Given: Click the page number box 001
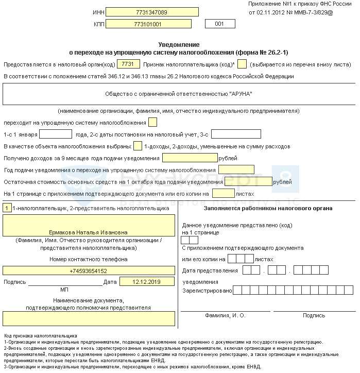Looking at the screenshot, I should click(219, 24).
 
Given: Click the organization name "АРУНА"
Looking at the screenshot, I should click(179, 94).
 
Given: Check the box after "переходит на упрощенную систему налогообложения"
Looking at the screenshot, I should click(152, 122).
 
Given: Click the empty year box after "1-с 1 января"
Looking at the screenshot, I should click(59, 134).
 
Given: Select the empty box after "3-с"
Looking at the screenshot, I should click(236, 134).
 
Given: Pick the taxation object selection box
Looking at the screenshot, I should click(138, 146).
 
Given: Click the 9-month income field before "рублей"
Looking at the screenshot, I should click(190, 158).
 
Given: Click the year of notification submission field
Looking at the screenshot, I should click(236, 169).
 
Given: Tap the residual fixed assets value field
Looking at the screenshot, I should click(248, 181).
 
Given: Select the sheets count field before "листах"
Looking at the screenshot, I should click(224, 193).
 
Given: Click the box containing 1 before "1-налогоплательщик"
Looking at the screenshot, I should click(7, 208).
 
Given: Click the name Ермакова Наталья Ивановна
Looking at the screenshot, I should click(89, 232).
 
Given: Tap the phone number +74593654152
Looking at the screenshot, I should click(89, 270).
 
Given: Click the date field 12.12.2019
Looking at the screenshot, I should click(147, 282).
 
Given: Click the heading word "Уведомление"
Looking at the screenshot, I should click(179, 45).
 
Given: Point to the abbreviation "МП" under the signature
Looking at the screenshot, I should click(64, 290).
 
